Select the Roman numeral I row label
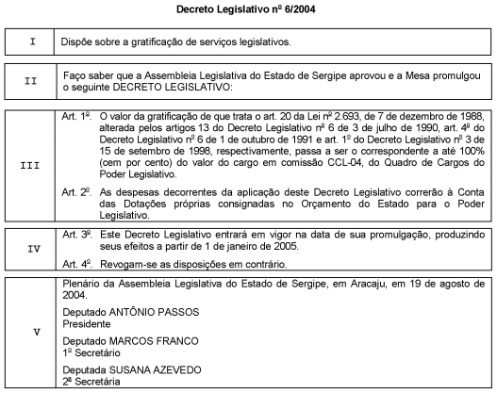(x=33, y=43)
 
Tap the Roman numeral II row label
(x=33, y=80)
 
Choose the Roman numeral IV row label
(x=33, y=250)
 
